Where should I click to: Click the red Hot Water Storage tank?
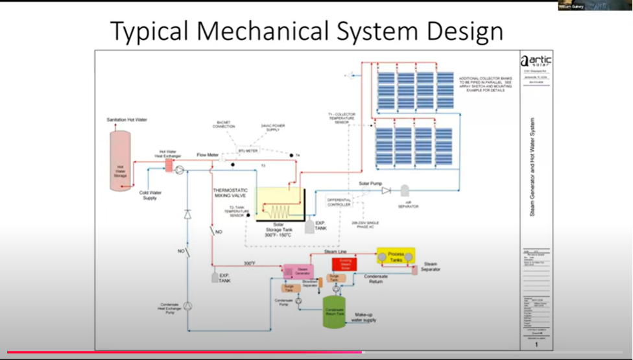point(120,160)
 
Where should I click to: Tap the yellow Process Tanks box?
point(396,256)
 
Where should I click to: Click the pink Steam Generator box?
point(298,272)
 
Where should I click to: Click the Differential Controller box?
point(339,201)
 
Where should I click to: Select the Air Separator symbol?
point(405,191)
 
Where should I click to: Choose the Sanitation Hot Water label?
point(126,120)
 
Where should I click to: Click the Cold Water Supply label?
point(150,195)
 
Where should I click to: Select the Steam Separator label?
point(431,267)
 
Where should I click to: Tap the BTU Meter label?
point(248,150)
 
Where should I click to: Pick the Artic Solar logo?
point(536,62)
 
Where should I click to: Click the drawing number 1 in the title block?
point(536,344)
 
